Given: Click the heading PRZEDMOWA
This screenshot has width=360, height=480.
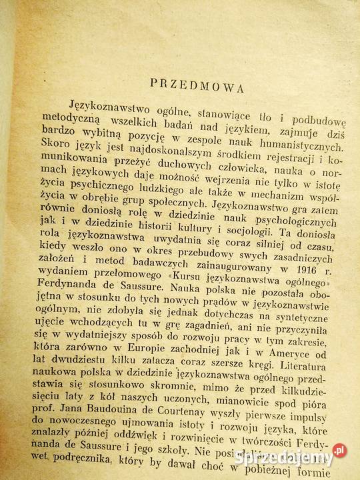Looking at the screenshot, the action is (197, 85).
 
